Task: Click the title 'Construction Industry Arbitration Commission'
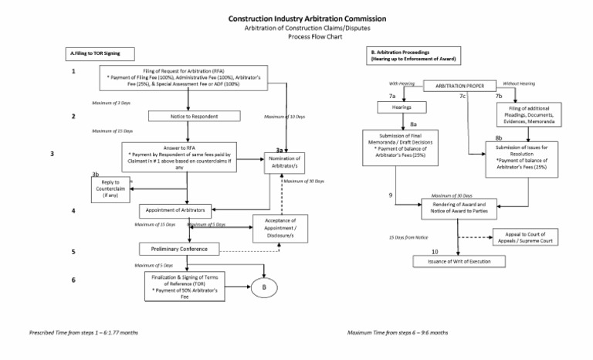click(296, 18)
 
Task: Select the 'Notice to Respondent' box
click(188, 117)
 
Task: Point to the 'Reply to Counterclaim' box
click(110, 188)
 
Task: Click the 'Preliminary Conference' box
click(178, 249)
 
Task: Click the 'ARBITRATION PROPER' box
click(459, 85)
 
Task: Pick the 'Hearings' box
click(402, 107)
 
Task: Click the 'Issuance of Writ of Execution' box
click(459, 261)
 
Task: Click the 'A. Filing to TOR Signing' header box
click(98, 54)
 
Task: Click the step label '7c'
click(462, 97)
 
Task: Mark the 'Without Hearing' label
click(518, 83)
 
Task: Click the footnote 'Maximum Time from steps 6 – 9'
click(397, 332)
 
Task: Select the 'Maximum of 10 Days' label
click(284, 117)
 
